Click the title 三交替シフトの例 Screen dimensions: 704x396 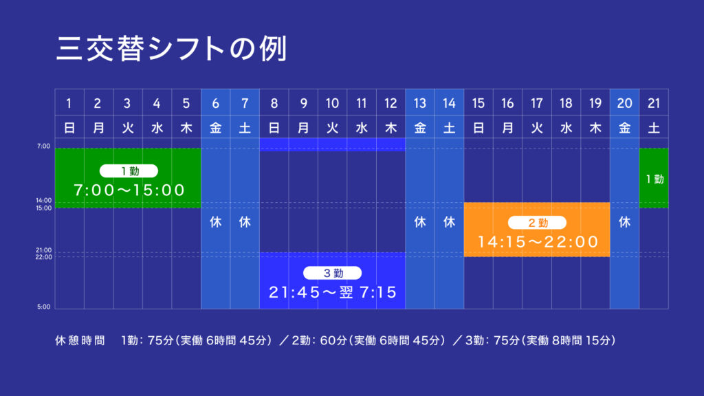click(171, 49)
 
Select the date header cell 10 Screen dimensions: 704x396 click(332, 103)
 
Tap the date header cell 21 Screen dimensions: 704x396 click(654, 103)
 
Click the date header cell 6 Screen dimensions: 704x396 click(215, 103)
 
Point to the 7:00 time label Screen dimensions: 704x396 click(43, 146)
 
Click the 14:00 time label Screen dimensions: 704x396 click(43, 200)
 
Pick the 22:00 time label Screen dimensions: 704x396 click(43, 257)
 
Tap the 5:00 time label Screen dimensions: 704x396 click(43, 307)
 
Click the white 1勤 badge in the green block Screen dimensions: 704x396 click(129, 171)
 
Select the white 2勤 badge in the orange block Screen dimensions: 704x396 click(537, 223)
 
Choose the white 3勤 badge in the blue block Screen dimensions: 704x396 click(332, 273)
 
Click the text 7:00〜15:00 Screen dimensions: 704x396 click(129, 190)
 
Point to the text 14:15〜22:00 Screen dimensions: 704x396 click(538, 242)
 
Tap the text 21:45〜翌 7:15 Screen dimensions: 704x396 click(333, 292)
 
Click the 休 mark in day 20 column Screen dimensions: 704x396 click(624, 222)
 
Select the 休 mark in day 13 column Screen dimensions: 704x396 click(420, 222)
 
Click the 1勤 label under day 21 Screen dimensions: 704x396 click(654, 179)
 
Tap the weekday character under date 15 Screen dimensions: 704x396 click(478, 128)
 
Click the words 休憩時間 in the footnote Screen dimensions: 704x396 click(80, 340)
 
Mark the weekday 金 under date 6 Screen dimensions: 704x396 click(215, 128)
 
